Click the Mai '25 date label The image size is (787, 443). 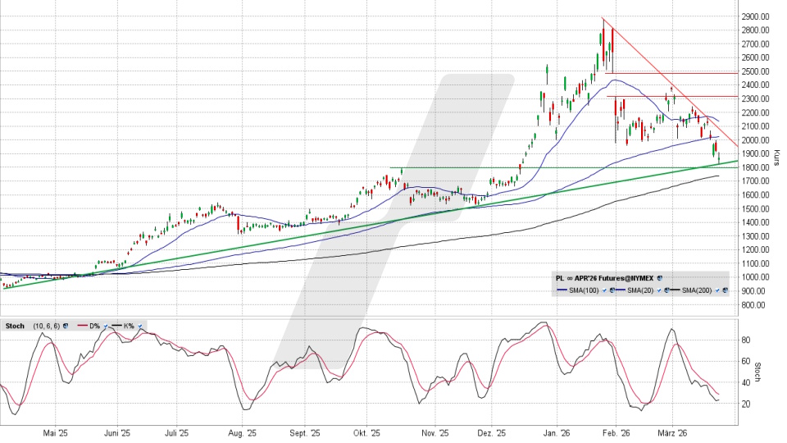point(54,432)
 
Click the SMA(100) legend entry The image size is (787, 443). point(585,290)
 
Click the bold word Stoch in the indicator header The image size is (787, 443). point(16,326)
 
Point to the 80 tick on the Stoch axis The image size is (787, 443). point(747,339)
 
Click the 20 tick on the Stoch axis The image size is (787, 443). point(747,404)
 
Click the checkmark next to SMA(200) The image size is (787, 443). point(716,290)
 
